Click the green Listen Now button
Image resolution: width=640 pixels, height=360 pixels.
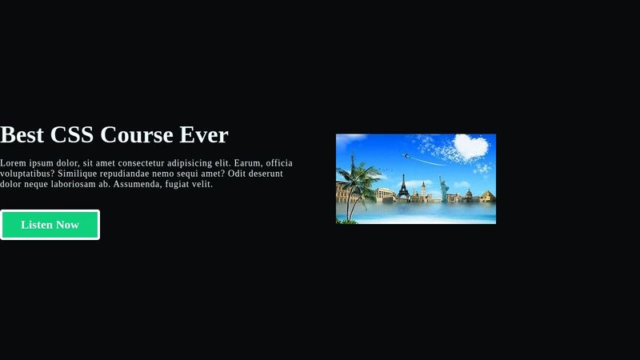pyautogui.click(x=50, y=225)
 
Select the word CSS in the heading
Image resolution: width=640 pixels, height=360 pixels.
pyautogui.click(x=73, y=135)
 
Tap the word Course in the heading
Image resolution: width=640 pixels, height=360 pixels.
pyautogui.click(x=138, y=135)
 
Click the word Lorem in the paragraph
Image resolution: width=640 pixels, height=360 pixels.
pyautogui.click(x=14, y=163)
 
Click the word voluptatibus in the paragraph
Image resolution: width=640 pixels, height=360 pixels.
pyautogui.click(x=26, y=174)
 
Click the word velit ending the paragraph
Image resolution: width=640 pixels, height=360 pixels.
pyautogui.click(x=200, y=184)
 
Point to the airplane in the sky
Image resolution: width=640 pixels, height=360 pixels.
pyautogui.click(x=406, y=155)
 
